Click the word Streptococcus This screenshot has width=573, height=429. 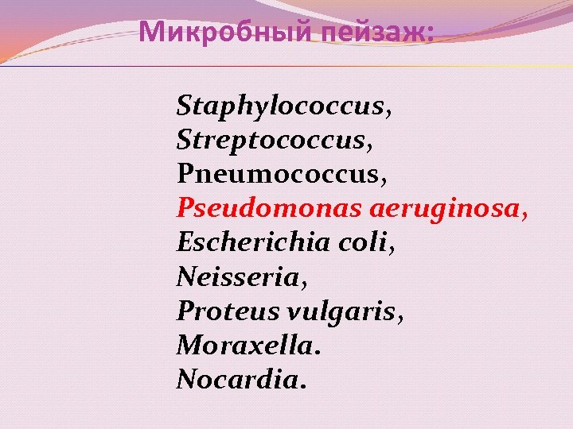tap(271, 141)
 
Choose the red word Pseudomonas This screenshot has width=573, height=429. tap(270, 208)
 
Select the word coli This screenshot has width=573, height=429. tap(369, 242)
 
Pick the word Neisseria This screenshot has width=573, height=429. tap(237, 276)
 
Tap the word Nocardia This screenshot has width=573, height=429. tap(236, 379)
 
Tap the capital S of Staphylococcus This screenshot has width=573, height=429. tap(185, 105)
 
